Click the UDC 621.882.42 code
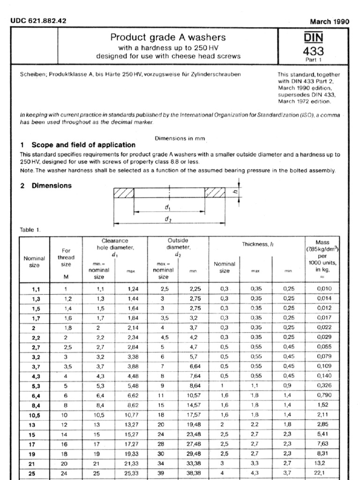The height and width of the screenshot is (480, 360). click(38, 21)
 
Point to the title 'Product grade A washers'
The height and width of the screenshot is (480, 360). click(168, 37)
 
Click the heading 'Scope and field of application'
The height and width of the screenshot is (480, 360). click(83, 145)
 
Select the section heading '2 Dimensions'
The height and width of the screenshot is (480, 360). click(46, 186)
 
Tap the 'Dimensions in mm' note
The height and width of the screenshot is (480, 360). click(180, 138)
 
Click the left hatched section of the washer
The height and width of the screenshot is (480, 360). click(124, 193)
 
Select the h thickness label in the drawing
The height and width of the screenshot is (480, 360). click(236, 191)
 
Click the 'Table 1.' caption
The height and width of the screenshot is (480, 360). click(30, 230)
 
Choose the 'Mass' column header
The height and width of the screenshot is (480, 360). click(322, 242)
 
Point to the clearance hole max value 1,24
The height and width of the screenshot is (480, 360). click(133, 289)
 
